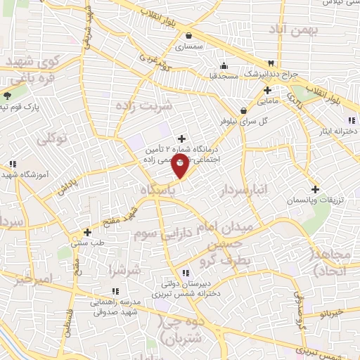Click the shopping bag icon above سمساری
(188, 36)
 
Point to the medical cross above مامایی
(267, 91)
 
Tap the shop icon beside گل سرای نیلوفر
(243, 110)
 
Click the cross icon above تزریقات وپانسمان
(316, 189)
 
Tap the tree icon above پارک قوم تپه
(8, 96)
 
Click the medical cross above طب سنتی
(87, 231)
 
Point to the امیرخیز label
(34, 279)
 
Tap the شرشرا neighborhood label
(124, 269)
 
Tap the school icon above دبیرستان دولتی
(185, 273)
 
